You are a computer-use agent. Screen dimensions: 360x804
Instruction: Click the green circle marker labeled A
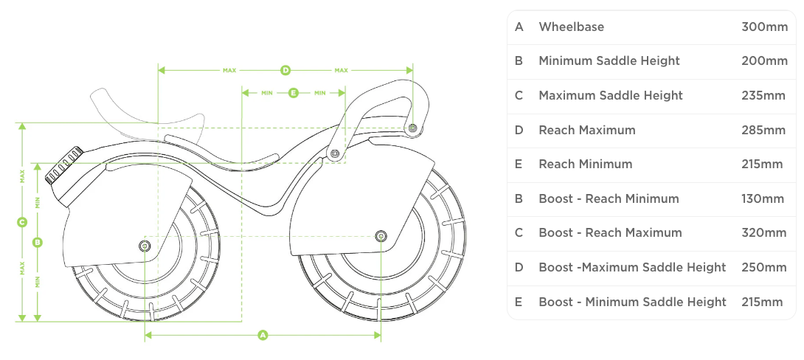tap(263, 336)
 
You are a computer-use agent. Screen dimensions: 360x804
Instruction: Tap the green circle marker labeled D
tap(285, 71)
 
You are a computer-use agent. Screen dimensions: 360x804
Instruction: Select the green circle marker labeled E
tap(294, 93)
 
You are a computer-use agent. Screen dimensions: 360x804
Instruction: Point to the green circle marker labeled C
tap(22, 221)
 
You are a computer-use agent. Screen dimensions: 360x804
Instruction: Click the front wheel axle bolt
tap(380, 236)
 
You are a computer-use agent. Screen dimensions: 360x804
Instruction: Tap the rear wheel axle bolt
tap(145, 244)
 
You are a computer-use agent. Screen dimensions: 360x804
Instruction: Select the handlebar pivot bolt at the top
tap(412, 128)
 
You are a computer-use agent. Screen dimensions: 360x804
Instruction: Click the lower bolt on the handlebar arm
tap(335, 153)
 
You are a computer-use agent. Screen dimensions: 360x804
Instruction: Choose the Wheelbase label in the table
tap(571, 27)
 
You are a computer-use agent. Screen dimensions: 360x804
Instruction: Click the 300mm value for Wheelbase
tap(764, 27)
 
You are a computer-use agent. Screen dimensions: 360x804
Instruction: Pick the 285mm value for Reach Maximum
tap(763, 130)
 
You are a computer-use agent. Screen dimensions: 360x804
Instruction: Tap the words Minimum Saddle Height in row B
tap(609, 60)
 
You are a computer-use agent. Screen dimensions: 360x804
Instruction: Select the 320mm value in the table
tap(764, 232)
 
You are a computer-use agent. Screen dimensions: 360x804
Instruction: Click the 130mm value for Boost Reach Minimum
tap(763, 198)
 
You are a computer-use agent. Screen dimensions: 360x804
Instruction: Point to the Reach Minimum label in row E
tap(585, 164)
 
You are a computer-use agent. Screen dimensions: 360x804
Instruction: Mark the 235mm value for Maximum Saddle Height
tap(763, 95)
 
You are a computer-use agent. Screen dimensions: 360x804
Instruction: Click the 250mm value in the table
tap(764, 267)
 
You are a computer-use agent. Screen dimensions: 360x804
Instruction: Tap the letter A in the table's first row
tap(519, 27)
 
